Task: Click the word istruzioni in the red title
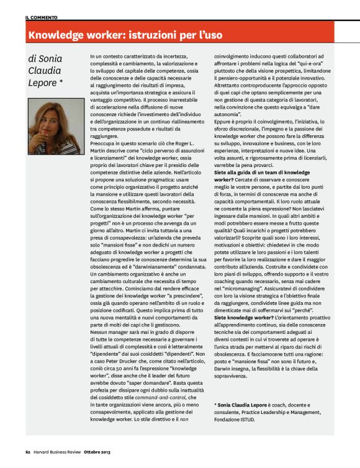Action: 147,35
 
